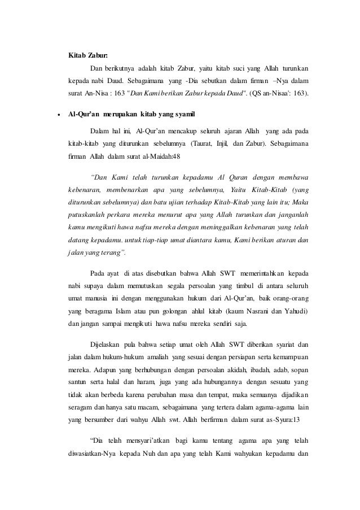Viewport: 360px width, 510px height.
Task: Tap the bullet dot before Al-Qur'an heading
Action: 58,115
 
